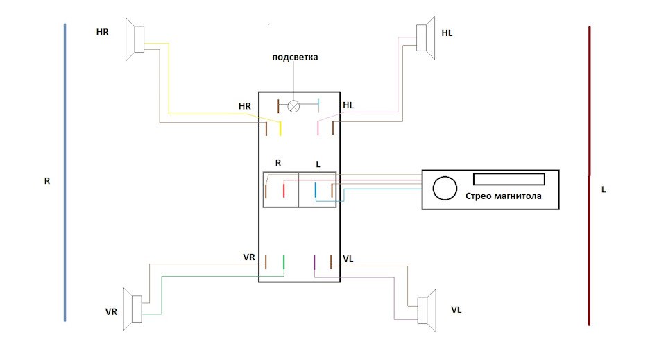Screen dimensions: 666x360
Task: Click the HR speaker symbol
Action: click(x=135, y=39)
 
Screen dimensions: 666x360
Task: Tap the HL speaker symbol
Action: click(x=425, y=37)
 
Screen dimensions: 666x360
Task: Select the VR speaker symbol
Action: click(x=133, y=309)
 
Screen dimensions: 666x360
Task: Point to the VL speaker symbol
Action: click(x=427, y=310)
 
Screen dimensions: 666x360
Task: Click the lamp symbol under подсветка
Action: click(x=293, y=106)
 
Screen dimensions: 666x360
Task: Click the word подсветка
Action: click(x=295, y=58)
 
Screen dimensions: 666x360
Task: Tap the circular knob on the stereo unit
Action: click(x=445, y=188)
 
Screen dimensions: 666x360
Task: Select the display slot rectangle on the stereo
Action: click(x=509, y=179)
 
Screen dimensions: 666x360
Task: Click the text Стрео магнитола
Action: click(x=504, y=196)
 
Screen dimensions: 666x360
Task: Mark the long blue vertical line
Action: click(x=65, y=172)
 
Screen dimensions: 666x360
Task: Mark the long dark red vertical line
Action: click(x=589, y=176)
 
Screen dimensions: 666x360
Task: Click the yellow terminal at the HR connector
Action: click(x=280, y=128)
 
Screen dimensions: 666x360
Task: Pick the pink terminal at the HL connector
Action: click(x=318, y=128)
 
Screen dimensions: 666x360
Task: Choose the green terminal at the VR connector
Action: click(x=284, y=262)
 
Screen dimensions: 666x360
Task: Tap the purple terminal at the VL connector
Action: click(x=314, y=262)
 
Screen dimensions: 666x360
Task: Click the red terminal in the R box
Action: click(x=284, y=190)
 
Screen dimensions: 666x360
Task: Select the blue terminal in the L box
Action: click(x=315, y=190)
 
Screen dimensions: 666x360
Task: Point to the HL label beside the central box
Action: click(x=348, y=105)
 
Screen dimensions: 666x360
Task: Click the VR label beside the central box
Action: click(x=249, y=257)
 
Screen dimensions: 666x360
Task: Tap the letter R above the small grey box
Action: click(x=278, y=163)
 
